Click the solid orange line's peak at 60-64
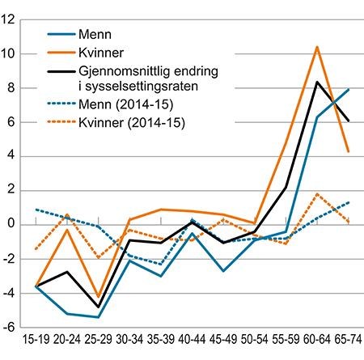click(x=316, y=47)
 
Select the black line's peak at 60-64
click(x=316, y=82)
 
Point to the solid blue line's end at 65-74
click(x=347, y=90)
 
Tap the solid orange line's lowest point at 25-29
click(x=99, y=297)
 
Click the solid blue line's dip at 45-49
click(x=223, y=270)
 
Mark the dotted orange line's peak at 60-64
click(x=316, y=194)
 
